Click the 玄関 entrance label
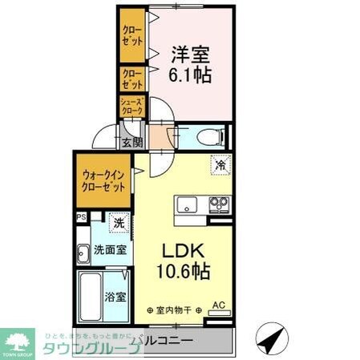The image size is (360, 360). coord(131,143)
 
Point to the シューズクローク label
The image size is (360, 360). coord(131,107)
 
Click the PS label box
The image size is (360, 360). coord(81,216)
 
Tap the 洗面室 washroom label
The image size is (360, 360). coord(109,249)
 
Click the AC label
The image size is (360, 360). coord(218,305)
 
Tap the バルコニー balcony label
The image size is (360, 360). coord(164,342)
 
